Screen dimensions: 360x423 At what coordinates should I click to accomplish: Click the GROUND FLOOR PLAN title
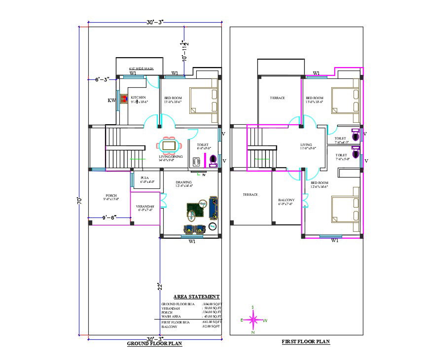click(x=154, y=344)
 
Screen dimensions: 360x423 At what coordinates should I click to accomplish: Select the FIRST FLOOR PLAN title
click(x=306, y=341)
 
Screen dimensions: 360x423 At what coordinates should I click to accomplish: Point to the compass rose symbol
click(x=253, y=320)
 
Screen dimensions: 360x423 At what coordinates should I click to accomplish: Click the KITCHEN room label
click(x=138, y=98)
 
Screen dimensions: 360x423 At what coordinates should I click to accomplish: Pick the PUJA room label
click(x=144, y=177)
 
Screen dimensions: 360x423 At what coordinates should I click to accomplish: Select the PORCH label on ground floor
click(x=110, y=195)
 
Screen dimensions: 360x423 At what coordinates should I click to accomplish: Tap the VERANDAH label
click(x=145, y=206)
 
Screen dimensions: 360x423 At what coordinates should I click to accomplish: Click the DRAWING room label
click(x=183, y=182)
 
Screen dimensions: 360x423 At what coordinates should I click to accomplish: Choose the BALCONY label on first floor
click(x=286, y=200)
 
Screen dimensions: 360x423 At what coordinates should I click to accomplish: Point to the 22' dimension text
click(x=160, y=287)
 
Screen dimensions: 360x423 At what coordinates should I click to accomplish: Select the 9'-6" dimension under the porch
click(x=109, y=217)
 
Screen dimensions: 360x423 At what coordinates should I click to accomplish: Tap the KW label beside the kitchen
click(x=111, y=101)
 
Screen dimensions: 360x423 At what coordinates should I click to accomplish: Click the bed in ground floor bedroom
click(x=204, y=102)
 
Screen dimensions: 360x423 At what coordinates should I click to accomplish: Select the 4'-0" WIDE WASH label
click(x=141, y=69)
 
